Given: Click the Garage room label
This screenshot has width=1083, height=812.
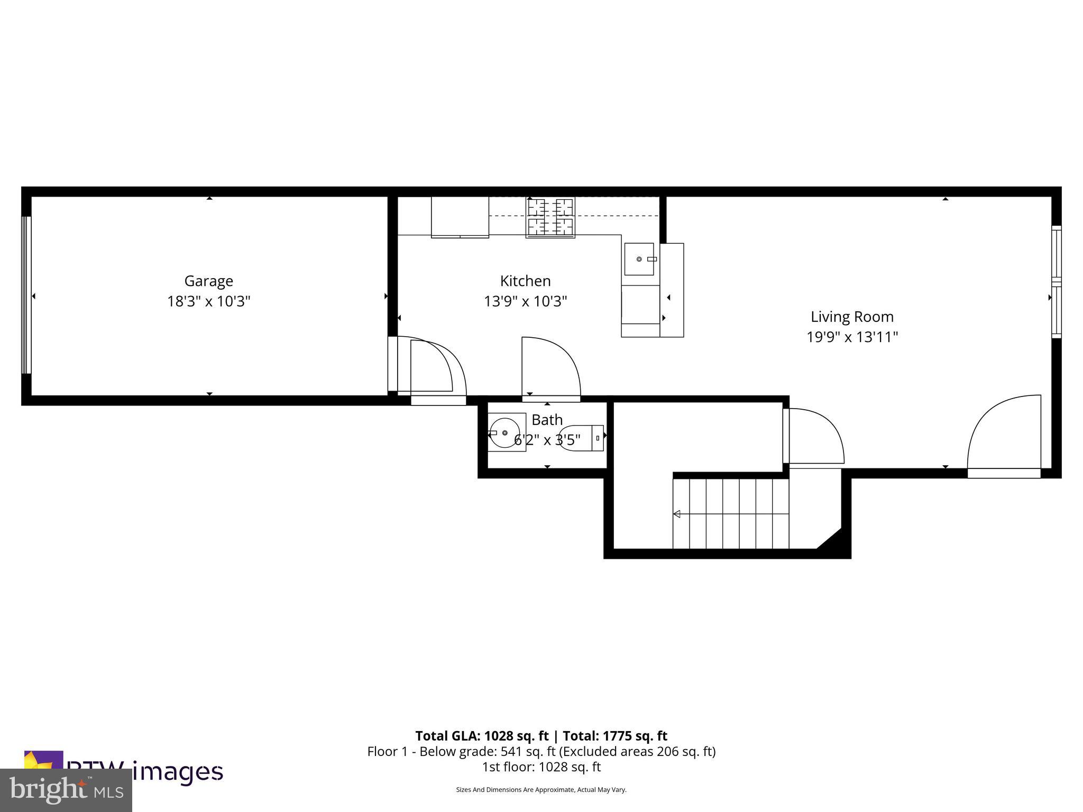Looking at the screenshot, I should point(208,281).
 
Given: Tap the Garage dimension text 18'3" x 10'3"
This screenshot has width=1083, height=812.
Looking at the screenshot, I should point(208,301).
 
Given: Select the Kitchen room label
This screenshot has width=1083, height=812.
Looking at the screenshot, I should point(525,281).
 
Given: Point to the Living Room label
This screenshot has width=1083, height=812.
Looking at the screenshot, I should point(852,317).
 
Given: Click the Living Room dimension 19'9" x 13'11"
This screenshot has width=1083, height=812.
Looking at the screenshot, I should point(852,337).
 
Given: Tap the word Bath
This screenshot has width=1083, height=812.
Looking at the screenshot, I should point(547,420).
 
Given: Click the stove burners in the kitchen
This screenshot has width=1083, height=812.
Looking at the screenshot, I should point(550,217).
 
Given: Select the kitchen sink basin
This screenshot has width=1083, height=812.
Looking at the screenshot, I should point(639,259).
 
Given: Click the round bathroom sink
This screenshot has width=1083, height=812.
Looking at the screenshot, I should point(504,432).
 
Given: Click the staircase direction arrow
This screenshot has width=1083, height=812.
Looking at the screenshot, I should point(677,514).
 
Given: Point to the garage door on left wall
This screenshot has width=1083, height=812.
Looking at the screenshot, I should point(26,296).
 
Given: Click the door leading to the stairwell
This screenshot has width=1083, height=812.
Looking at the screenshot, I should point(814,436).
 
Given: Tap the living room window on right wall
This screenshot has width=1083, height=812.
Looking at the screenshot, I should point(1056,282).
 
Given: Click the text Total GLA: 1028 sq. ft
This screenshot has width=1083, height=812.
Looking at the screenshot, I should point(482,736).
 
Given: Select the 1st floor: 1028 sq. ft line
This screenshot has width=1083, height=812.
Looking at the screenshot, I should point(541,767).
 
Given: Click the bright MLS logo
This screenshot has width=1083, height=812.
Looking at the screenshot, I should point(66,790).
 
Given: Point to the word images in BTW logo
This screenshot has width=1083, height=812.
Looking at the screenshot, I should point(177,772).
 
